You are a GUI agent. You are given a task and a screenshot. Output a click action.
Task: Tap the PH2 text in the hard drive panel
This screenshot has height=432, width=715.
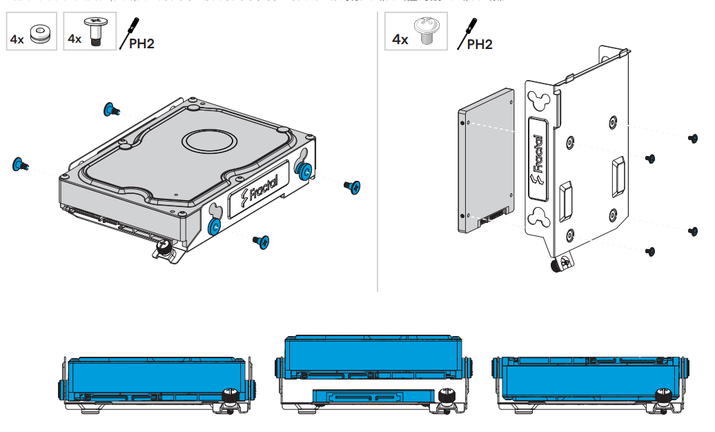(141, 43)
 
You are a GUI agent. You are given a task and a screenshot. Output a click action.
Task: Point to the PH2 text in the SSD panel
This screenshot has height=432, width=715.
(480, 44)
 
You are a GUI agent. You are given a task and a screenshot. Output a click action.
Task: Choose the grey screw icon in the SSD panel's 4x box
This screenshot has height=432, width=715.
(427, 32)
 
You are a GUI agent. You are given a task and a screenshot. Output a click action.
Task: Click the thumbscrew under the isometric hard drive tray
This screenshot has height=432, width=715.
(164, 246)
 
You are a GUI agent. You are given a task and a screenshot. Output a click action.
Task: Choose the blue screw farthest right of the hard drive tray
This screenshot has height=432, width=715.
(353, 186)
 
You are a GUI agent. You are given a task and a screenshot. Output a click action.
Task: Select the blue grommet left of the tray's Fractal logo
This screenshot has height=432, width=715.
(214, 226)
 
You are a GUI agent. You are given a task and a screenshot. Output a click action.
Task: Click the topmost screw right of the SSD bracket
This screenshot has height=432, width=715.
(693, 138)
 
